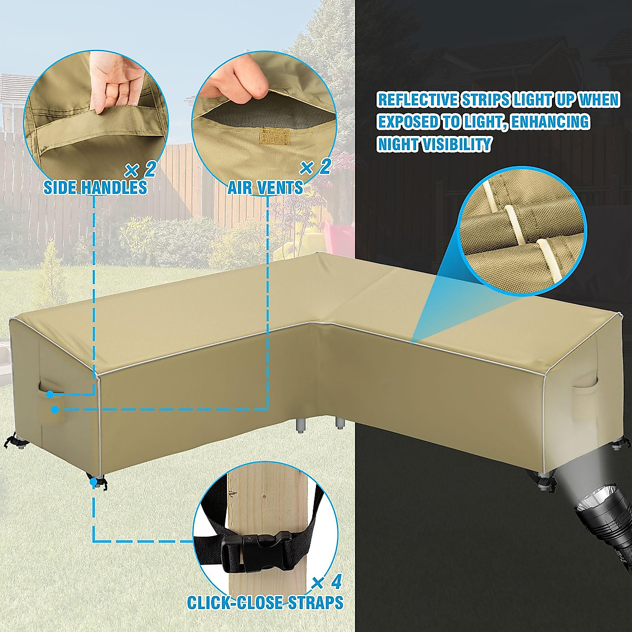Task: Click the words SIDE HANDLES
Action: (x=95, y=187)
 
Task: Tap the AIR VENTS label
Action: (x=265, y=187)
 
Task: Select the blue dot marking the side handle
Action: (x=50, y=395)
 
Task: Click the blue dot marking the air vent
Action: (x=55, y=409)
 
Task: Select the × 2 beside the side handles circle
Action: (x=141, y=169)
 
